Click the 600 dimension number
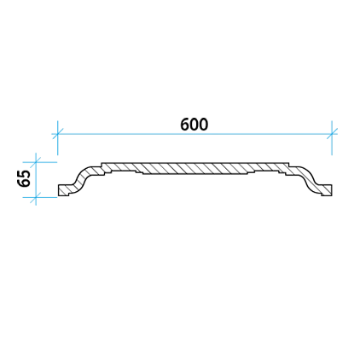point(195,125)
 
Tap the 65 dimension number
point(24,178)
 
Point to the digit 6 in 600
point(185,125)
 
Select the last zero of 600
point(204,125)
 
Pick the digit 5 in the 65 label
point(24,174)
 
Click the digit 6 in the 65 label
point(24,183)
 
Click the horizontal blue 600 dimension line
point(195,134)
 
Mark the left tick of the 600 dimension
point(58,134)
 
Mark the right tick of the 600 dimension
point(332,134)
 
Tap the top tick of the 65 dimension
point(36,162)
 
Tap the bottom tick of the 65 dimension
point(36,197)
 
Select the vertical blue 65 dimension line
point(36,179)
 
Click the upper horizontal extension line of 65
point(40,162)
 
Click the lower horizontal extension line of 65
point(40,197)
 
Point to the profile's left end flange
point(66,190)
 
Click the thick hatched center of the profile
point(195,168)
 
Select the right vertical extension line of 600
point(332,138)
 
